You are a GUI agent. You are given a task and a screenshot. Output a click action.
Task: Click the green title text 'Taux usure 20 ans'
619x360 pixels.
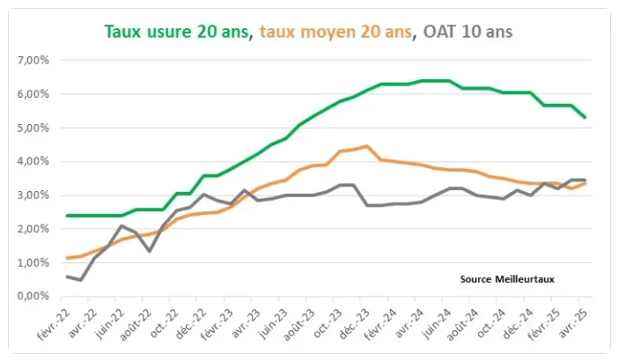(x=176, y=32)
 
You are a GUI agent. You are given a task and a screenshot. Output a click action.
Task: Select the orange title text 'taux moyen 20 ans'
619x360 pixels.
(x=335, y=32)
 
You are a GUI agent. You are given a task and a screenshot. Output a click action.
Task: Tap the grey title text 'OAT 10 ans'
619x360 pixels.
(x=468, y=32)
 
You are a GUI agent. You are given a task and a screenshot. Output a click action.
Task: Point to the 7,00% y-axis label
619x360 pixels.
(x=33, y=61)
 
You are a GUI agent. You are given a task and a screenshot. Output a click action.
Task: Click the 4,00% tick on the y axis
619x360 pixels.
(x=33, y=161)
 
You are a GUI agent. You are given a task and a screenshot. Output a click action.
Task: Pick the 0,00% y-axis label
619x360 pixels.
(x=33, y=296)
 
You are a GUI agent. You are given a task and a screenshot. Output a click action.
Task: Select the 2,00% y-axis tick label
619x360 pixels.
(x=33, y=229)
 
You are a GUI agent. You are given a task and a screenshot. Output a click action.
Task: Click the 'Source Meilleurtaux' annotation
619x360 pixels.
(x=507, y=280)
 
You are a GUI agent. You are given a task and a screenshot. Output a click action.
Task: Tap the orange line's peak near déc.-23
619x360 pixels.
(x=367, y=146)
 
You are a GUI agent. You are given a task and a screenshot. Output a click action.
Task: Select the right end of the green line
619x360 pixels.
(x=585, y=117)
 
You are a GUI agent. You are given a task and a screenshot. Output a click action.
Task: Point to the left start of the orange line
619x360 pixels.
(x=67, y=258)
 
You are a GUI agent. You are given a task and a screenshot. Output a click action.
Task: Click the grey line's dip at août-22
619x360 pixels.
(x=149, y=251)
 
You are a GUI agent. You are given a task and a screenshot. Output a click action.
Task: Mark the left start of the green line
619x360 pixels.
(x=67, y=216)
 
